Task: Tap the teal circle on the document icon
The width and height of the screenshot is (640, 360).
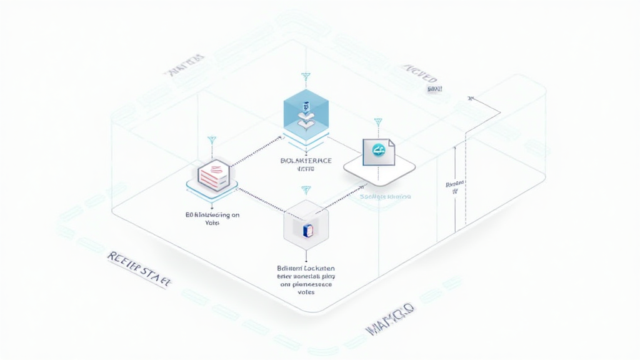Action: [377, 150]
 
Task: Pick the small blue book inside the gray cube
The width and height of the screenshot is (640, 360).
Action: [306, 231]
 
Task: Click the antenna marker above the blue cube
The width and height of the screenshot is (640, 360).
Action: [306, 77]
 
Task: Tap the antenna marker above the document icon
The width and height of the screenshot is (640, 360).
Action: [377, 121]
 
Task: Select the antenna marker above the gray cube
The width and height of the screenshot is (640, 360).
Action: [306, 189]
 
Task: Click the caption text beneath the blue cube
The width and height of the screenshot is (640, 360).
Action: [306, 164]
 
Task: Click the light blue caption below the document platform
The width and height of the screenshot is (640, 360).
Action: [386, 196]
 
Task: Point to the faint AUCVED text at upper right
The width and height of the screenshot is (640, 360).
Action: [419, 74]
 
